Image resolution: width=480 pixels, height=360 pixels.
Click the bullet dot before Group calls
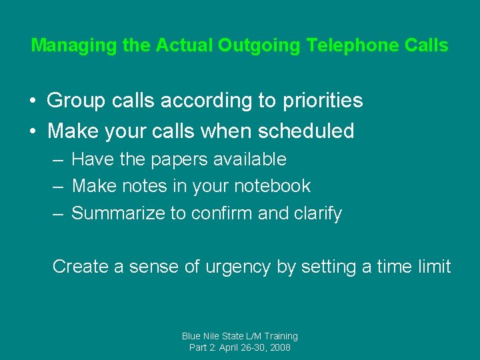pos(32,101)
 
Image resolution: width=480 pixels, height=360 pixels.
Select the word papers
pos(173,159)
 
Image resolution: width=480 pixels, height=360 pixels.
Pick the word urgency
pos(239,267)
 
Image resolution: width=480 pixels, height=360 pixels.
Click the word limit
pos(435,267)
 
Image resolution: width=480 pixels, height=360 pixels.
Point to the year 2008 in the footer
pos(279,347)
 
